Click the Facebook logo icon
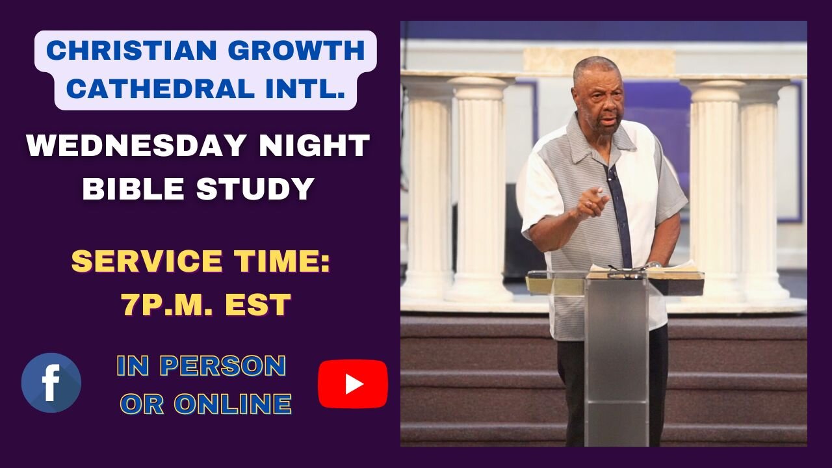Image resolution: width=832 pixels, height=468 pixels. tap(51, 383)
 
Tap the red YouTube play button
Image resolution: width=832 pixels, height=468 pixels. tap(353, 383)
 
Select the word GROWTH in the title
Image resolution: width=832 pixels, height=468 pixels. tap(296, 50)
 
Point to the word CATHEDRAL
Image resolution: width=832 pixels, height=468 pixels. tap(161, 89)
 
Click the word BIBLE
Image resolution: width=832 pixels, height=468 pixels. tap(133, 188)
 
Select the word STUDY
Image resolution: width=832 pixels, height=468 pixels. tap(255, 188)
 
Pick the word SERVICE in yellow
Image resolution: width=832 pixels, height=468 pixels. tap(147, 261)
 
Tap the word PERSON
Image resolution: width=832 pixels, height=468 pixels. tap(223, 366)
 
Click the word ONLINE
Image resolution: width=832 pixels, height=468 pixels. tap(233, 404)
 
